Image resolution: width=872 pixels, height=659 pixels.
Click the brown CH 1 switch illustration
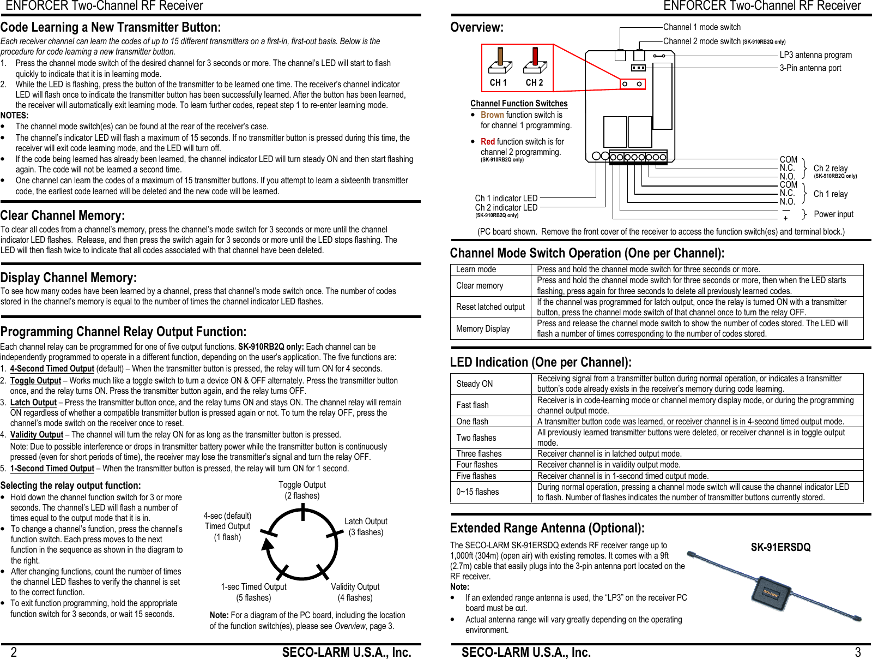[x=500, y=61]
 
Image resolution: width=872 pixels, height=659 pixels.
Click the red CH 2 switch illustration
[x=535, y=61]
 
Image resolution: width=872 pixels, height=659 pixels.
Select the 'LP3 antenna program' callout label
[x=815, y=55]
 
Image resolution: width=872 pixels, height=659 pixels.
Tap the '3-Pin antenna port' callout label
[x=810, y=68]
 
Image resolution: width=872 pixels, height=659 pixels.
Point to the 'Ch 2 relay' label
[x=830, y=169]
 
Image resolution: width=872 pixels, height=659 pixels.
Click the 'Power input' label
[x=833, y=214]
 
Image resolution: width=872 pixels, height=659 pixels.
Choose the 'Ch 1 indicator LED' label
[x=506, y=199]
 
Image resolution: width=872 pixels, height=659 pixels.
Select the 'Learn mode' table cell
[x=476, y=269]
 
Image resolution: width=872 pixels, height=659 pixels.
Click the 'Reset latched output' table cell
[x=490, y=307]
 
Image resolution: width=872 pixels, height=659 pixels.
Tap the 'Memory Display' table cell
[x=483, y=329]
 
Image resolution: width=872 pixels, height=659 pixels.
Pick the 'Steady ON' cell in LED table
[x=474, y=384]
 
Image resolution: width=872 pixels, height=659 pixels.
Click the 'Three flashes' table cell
[x=479, y=454]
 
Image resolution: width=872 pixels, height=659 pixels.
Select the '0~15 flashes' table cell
[x=477, y=492]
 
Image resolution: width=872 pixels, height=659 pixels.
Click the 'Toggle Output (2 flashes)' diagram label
[x=302, y=490]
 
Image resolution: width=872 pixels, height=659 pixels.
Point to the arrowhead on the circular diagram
[x=267, y=544]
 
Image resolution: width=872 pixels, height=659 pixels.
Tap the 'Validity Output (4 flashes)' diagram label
[x=355, y=592]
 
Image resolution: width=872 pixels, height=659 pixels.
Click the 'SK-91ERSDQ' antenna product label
[x=780, y=547]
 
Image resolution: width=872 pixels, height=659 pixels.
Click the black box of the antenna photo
[x=770, y=593]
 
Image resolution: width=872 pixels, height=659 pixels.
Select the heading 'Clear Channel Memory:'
[x=63, y=215]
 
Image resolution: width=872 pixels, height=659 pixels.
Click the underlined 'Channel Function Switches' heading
[x=519, y=104]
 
